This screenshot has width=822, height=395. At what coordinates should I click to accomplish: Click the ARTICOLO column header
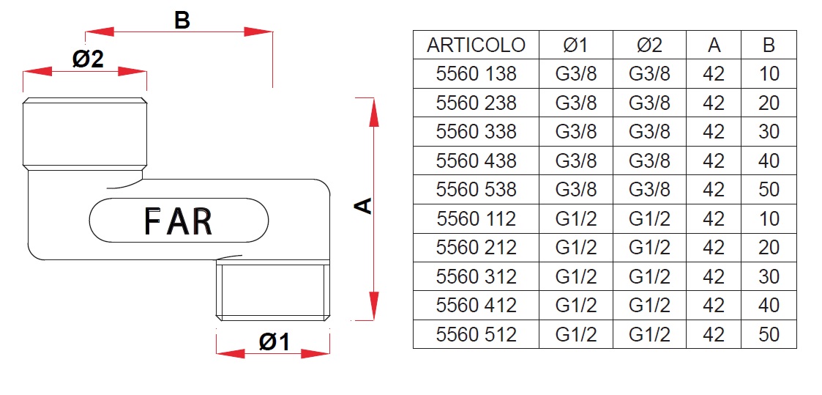pos(476,45)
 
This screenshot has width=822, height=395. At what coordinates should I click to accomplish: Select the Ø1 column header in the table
pos(575,45)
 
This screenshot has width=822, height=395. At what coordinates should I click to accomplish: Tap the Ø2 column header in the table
pos(649,45)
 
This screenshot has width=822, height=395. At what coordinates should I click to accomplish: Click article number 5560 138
pos(476,74)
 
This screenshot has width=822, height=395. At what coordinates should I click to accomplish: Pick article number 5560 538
pos(476,189)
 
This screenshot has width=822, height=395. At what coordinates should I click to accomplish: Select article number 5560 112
pos(476,218)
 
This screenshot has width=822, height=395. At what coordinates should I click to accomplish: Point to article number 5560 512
pos(476,334)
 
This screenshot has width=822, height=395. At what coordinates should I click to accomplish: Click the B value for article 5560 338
pos(769,132)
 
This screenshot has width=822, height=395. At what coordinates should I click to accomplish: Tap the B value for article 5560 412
pos(769,306)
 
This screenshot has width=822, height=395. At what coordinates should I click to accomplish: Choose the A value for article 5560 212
pos(714,248)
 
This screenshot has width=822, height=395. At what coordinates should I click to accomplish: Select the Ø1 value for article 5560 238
pos(575,103)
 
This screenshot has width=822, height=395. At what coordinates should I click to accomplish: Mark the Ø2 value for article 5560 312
pos(649,276)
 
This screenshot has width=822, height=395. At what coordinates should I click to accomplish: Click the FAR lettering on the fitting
pos(179,221)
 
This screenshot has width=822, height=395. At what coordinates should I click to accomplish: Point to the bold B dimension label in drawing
pos(182,21)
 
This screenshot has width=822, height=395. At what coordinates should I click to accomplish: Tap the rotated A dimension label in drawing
pos(363,206)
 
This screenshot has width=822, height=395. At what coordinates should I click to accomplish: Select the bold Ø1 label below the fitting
pos(274,342)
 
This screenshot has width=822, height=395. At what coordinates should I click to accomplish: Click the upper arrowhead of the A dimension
pos(373,112)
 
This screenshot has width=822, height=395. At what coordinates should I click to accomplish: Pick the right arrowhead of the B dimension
pos(258,32)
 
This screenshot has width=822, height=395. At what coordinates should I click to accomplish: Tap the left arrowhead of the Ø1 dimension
pos(231,353)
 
